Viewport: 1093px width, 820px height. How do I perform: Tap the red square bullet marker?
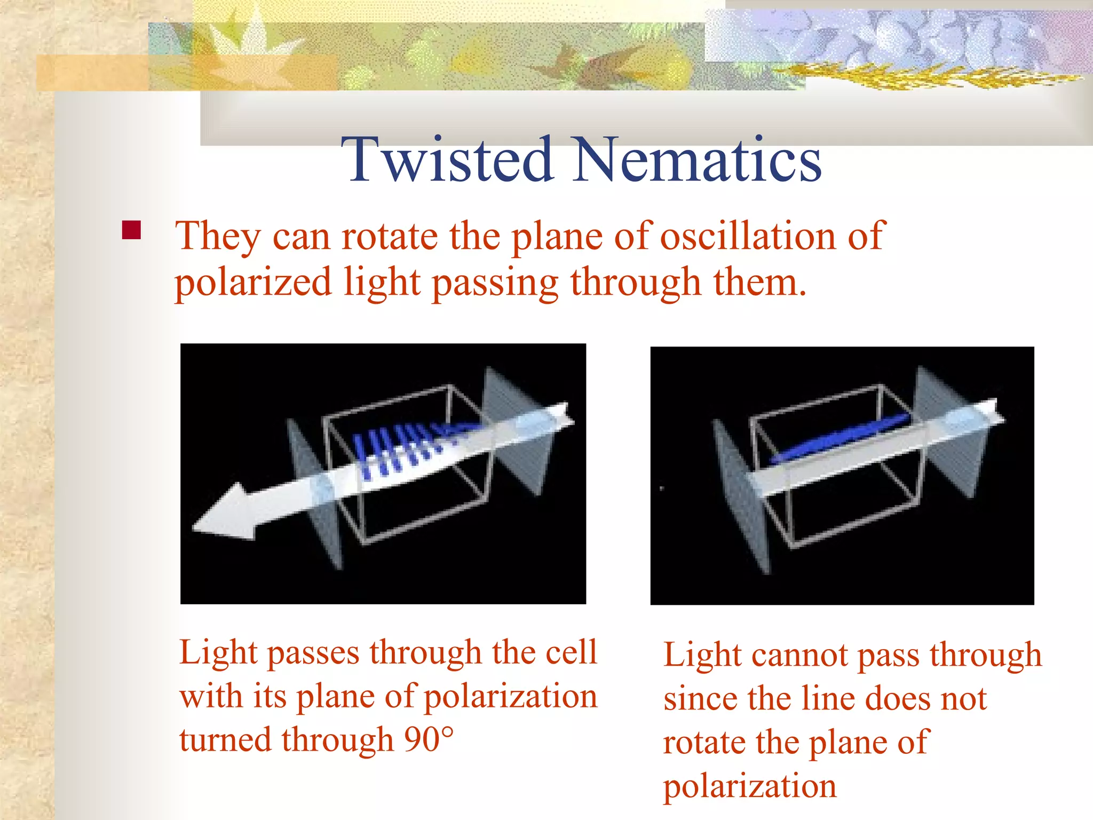click(x=131, y=230)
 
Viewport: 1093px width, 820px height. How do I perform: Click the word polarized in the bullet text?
click(x=254, y=283)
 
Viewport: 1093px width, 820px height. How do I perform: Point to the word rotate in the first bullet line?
click(x=390, y=236)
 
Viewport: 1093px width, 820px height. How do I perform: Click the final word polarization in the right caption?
click(x=750, y=786)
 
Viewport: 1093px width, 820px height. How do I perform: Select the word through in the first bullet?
click(x=635, y=283)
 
